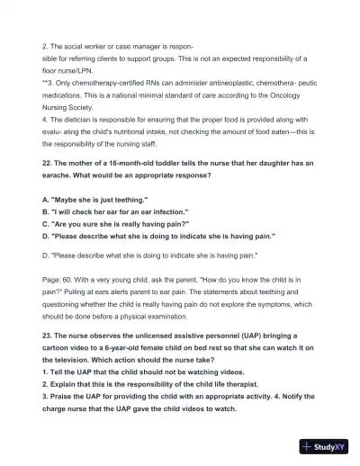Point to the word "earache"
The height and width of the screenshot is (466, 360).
pyautogui.click(x=58, y=175)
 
